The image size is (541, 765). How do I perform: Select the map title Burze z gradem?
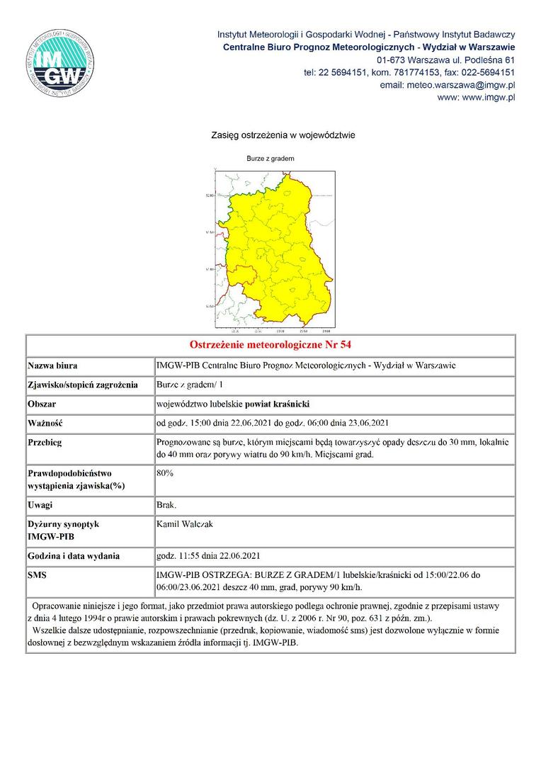pos(270,159)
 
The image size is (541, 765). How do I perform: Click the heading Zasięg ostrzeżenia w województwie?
pos(283,135)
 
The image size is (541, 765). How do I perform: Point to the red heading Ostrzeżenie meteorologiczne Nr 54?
pos(270,345)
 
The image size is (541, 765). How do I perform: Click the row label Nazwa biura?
pos(52,366)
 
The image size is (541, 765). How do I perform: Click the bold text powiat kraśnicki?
pos(277,404)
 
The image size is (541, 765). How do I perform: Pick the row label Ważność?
pos(45,424)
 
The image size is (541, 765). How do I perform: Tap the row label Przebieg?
pos(45,442)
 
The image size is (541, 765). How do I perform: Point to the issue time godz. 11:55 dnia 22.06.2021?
pos(212,556)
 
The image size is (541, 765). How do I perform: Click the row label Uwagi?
pos(40,505)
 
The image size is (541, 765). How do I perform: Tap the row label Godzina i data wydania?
pos(74,556)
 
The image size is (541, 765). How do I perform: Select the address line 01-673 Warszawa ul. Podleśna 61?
pos(445,59)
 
